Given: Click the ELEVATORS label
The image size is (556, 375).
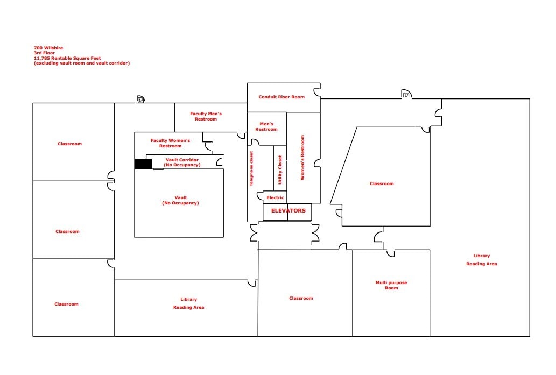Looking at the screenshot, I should click(288, 211).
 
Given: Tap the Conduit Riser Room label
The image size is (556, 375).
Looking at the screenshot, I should click(281, 97).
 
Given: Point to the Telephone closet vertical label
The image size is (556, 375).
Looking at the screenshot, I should click(251, 168).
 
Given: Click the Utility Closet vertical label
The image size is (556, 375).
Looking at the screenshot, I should click(280, 170).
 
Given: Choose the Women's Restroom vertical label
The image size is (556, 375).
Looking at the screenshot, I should click(302, 164).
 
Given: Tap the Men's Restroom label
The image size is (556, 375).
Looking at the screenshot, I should click(266, 126).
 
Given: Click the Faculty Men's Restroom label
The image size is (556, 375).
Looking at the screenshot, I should click(206, 116).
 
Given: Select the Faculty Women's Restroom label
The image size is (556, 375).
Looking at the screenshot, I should click(170, 143).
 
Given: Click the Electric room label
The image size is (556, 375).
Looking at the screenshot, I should click(275, 198).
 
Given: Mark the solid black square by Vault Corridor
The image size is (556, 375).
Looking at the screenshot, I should click(143, 164).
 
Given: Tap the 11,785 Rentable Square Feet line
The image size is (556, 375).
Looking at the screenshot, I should click(67, 58).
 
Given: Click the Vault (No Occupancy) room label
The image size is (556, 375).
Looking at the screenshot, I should click(180, 200).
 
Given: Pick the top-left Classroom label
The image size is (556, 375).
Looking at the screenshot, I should click(69, 144).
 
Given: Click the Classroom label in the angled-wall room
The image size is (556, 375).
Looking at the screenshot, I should click(382, 184).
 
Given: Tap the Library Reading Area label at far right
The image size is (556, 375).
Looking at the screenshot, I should click(481, 260).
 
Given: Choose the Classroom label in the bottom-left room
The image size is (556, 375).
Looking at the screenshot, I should click(66, 305).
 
